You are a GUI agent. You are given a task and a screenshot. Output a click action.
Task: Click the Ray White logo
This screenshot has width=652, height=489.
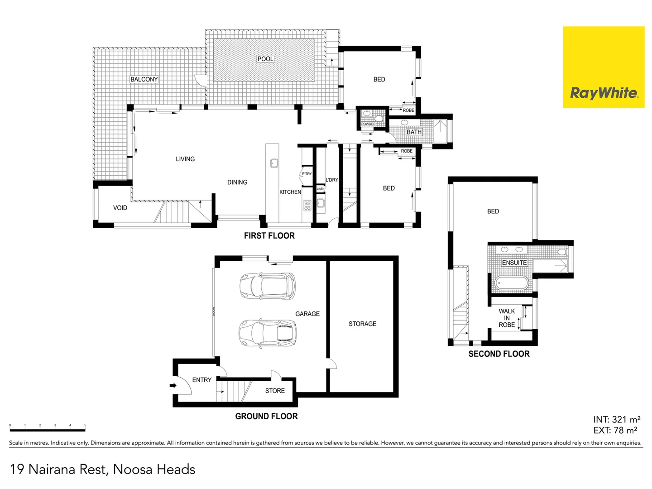pos(604,67)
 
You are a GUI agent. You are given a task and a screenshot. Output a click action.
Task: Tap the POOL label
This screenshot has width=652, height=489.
pos(265,59)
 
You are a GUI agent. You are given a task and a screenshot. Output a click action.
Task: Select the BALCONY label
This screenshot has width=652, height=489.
pos(144,79)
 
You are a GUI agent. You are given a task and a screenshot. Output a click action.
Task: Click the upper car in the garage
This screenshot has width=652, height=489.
pos(267,286)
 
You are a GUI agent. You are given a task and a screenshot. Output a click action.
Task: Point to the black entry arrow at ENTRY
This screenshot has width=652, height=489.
pos(173,386)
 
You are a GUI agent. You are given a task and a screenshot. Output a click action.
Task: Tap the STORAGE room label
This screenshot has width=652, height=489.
pos(362,324)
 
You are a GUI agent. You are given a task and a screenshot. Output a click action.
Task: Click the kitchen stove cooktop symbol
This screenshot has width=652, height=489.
pos(307,206)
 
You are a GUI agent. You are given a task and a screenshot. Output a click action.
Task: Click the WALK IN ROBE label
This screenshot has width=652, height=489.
pos(507,318)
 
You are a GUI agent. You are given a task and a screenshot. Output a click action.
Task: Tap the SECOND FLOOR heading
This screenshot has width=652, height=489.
pos(499,354)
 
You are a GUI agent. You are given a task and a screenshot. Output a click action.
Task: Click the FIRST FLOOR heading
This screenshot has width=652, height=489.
pos(269,236)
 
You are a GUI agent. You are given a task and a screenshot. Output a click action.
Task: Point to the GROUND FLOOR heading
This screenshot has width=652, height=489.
pos(266,417)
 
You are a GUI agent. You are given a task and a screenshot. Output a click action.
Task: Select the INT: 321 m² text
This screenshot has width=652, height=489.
pos(616,420)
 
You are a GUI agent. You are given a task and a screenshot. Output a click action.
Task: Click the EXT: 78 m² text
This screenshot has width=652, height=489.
pos(615,431)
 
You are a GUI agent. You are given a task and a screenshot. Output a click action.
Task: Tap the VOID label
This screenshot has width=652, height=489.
pos(120,208)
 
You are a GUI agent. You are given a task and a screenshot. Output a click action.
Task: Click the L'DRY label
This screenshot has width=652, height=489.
pos(332,180)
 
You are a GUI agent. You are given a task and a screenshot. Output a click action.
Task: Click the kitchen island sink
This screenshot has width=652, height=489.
pos(274,163)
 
